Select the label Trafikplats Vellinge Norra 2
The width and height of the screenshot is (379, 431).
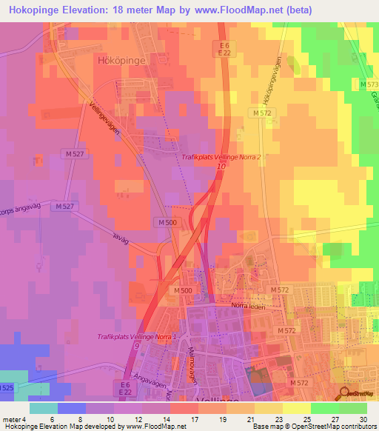222,157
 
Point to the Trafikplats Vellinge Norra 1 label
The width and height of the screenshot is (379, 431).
137,337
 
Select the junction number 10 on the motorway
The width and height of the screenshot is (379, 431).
221,167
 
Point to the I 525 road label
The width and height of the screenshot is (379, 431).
6,387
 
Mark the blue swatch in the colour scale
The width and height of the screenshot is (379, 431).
72,408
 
